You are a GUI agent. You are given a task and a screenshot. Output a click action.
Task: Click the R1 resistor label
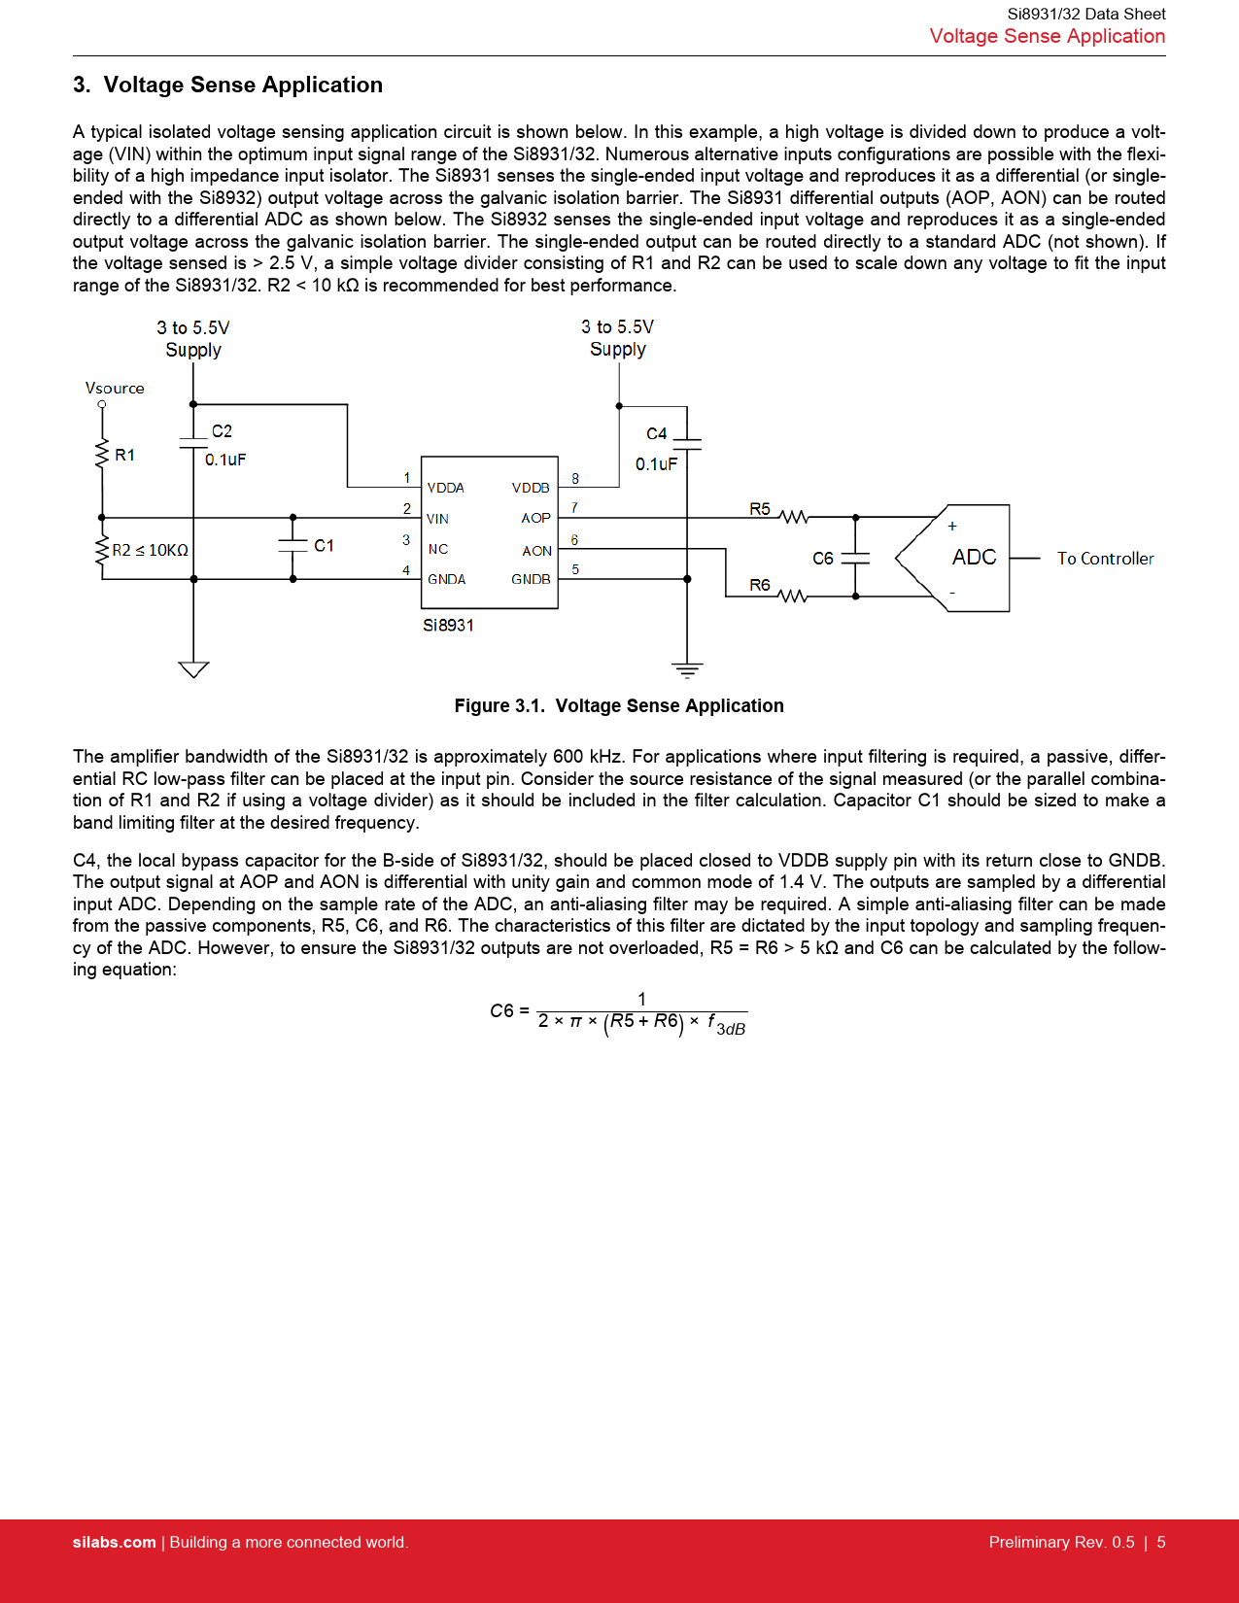[x=125, y=455]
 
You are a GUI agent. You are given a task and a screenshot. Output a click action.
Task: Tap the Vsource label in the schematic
[x=115, y=388]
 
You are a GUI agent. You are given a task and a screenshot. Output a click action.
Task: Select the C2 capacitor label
[x=222, y=431]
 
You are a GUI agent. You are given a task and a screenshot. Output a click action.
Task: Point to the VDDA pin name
[x=446, y=488]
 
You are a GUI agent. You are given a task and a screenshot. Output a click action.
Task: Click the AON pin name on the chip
[x=536, y=551]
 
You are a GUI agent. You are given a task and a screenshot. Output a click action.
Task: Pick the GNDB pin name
[x=531, y=579]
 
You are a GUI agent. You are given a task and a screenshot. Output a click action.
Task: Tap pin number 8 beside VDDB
[x=575, y=478]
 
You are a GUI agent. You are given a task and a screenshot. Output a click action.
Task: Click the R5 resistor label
[x=760, y=509]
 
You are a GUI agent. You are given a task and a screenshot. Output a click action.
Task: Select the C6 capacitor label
[x=823, y=559]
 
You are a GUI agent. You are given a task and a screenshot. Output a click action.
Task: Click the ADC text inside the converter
[x=974, y=558]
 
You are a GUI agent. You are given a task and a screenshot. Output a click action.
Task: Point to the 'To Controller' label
[x=1105, y=559]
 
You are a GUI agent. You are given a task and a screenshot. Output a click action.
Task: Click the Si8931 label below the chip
[x=448, y=626]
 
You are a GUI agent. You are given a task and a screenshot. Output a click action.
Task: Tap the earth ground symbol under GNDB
[x=687, y=669]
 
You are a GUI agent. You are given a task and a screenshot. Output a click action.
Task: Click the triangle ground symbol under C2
[x=193, y=668]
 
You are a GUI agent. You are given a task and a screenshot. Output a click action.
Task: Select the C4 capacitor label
[x=657, y=434]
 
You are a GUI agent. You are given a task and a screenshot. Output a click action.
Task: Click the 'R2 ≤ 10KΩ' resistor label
[x=151, y=550]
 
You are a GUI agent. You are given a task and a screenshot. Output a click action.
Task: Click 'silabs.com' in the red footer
[x=114, y=1543]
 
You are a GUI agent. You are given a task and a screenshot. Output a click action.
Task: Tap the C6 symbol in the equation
[x=501, y=1011]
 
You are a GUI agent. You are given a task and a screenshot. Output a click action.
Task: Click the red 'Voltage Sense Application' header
[x=1047, y=36]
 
